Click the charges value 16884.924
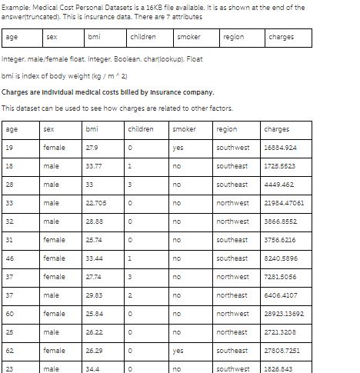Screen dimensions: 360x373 (x=280, y=148)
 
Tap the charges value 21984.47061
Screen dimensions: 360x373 (x=284, y=203)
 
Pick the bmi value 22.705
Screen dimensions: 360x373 (x=97, y=203)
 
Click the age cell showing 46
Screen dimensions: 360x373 (x=10, y=258)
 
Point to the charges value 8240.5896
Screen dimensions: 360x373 (x=280, y=258)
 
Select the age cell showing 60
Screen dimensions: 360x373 (x=10, y=314)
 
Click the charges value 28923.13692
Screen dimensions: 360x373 (x=284, y=314)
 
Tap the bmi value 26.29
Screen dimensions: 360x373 (x=95, y=351)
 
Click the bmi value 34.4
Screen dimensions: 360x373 (x=94, y=369)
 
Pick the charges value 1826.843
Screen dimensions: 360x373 (x=278, y=369)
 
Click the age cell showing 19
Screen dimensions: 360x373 (x=10, y=148)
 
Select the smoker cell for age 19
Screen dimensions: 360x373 (x=178, y=148)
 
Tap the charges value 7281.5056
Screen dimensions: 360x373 (x=280, y=277)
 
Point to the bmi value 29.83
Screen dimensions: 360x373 (x=95, y=295)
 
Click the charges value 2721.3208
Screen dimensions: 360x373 (x=280, y=332)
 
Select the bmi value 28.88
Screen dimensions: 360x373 (x=95, y=221)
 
